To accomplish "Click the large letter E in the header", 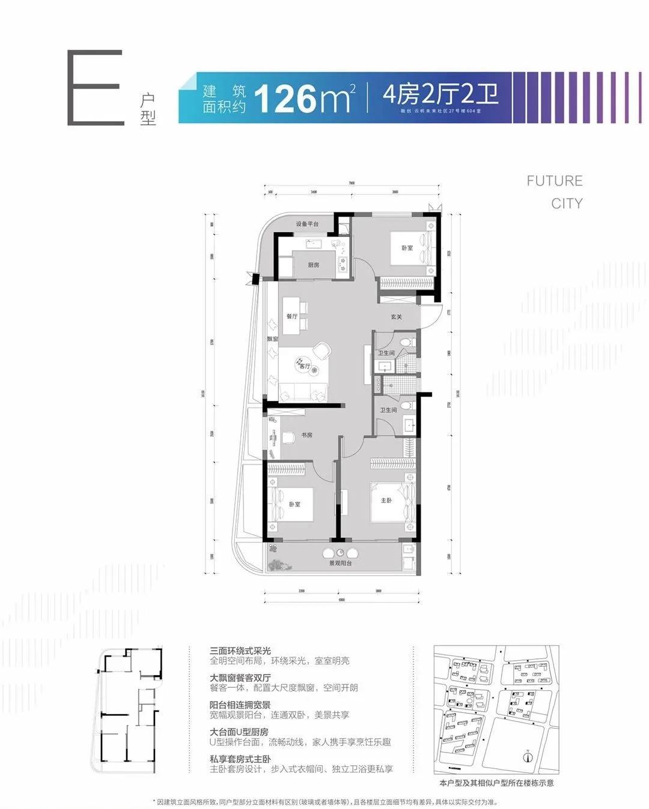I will (x=96, y=88).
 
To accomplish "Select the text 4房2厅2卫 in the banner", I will (x=440, y=94).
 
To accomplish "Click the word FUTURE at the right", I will (x=554, y=181).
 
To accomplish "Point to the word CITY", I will (x=567, y=203).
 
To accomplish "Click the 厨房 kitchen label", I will (x=313, y=265).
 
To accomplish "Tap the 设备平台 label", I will (x=307, y=224).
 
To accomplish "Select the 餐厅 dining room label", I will (x=291, y=316).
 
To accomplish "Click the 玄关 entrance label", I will (x=396, y=317).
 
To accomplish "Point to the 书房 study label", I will (x=306, y=435).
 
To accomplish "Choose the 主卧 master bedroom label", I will (x=386, y=500).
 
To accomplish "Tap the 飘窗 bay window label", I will (x=272, y=339).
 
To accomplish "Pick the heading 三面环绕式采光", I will (x=240, y=651).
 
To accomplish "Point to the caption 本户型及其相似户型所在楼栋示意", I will (x=496, y=783).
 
